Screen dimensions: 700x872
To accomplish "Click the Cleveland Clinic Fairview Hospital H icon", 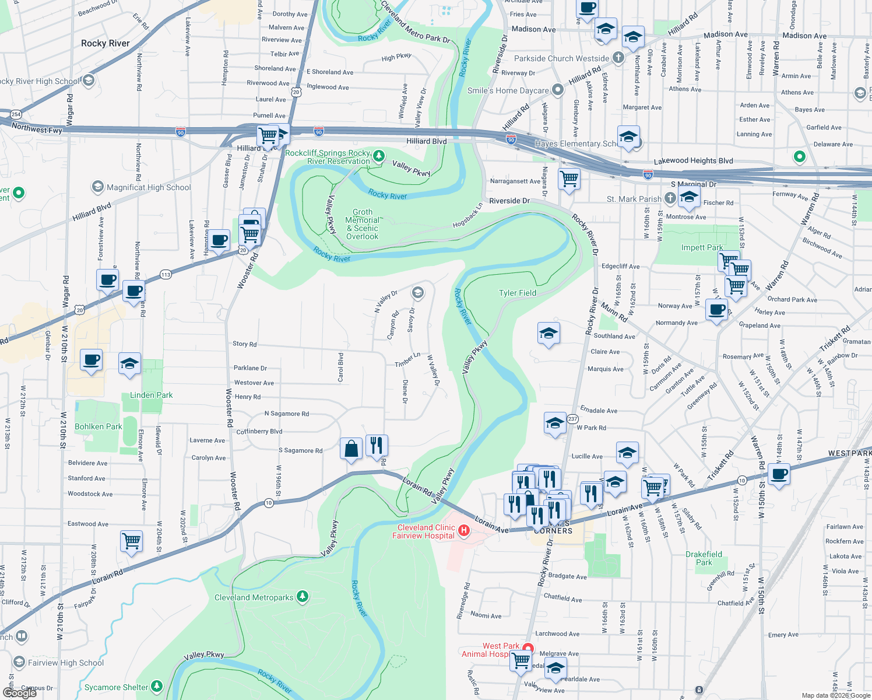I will (x=464, y=530).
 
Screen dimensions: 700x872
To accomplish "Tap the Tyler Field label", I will (x=517, y=293).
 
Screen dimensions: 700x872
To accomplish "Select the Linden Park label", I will (x=151, y=395).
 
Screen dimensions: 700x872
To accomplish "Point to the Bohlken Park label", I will (x=99, y=426).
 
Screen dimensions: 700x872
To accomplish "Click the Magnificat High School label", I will (x=149, y=187).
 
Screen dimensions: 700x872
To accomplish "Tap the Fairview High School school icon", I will (x=19, y=662).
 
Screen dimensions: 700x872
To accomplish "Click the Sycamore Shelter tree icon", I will (x=157, y=687).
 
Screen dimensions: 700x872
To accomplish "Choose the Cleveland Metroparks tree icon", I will (x=302, y=596).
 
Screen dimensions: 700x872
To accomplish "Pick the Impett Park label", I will (x=702, y=247).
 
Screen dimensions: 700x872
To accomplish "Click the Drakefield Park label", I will (x=704, y=558).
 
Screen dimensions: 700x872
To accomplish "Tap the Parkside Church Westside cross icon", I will (x=618, y=58).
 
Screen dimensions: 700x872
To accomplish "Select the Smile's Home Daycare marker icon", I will (x=558, y=90).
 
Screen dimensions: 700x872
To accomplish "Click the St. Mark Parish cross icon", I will (x=670, y=198).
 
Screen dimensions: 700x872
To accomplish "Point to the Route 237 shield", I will (x=573, y=419).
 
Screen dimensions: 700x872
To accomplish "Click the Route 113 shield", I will (x=166, y=274).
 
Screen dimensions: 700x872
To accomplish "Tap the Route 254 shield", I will (x=16, y=114).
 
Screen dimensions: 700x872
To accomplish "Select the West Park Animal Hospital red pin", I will (x=528, y=648).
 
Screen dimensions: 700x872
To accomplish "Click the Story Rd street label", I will (x=244, y=344).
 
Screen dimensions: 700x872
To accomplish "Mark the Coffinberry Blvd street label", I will (x=259, y=432).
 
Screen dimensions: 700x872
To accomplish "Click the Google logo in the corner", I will (x=19, y=692).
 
